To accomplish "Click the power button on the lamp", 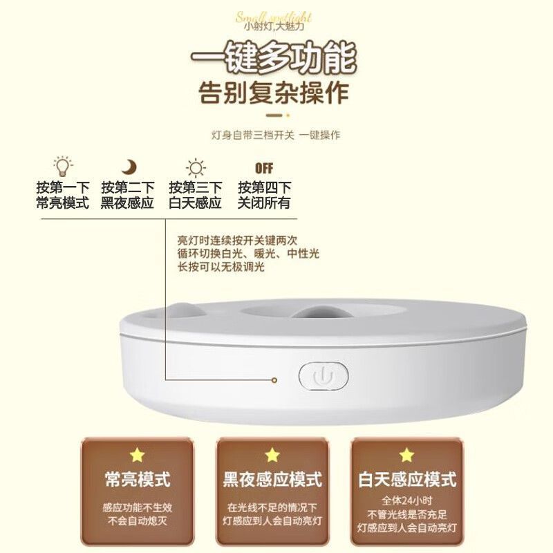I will (x=324, y=377).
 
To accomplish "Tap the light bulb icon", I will (x=63, y=167).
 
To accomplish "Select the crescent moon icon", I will (x=129, y=167).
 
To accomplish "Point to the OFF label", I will (x=263, y=168).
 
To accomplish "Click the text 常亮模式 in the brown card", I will (x=137, y=478).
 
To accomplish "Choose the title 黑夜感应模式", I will (x=272, y=478).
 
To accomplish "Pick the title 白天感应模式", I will (x=407, y=478).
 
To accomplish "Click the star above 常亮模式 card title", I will (x=137, y=455).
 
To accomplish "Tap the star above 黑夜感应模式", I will (x=272, y=455).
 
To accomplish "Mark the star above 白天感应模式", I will (x=407, y=455).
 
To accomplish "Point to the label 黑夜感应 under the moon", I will (x=127, y=204).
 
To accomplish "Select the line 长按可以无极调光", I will (x=221, y=267).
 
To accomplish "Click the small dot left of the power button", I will (x=274, y=379).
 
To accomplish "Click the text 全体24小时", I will (x=407, y=500).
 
